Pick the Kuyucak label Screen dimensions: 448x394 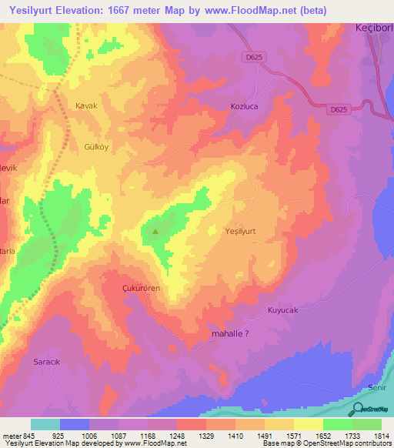tap(282, 310)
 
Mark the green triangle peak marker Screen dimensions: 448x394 tap(155, 229)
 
